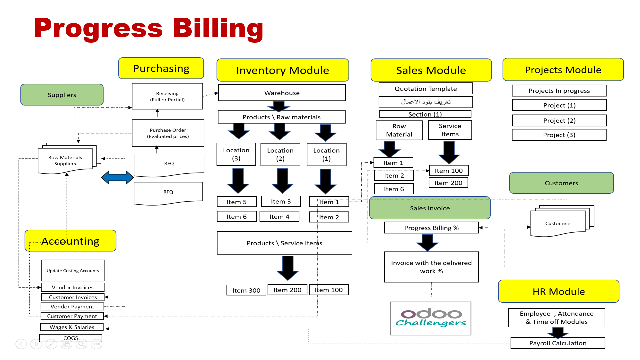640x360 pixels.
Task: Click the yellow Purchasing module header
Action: tap(161, 68)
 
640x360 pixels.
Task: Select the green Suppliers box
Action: tap(62, 95)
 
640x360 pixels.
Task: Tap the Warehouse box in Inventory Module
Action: tap(282, 93)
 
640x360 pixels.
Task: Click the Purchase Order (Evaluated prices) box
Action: tap(168, 133)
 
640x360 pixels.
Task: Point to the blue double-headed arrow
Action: tap(117, 177)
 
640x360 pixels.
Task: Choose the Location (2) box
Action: tap(280, 154)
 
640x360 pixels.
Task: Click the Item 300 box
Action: tap(246, 290)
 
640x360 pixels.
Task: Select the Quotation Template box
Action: tap(426, 89)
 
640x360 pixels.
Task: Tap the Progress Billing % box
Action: tap(431, 228)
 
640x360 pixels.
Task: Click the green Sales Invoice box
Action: tap(430, 208)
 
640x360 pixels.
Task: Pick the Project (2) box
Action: tap(559, 120)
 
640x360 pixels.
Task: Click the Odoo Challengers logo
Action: tap(431, 318)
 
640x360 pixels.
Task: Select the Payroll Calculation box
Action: tap(558, 343)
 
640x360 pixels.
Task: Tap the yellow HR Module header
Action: tap(559, 291)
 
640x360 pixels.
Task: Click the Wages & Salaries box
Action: tap(72, 327)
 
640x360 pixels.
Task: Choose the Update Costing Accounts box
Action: tap(73, 270)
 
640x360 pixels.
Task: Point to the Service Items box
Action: tap(450, 130)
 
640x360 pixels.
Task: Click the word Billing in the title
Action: tap(218, 28)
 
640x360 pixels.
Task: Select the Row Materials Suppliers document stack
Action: tap(65, 160)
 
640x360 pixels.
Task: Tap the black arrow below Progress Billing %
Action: tap(427, 242)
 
